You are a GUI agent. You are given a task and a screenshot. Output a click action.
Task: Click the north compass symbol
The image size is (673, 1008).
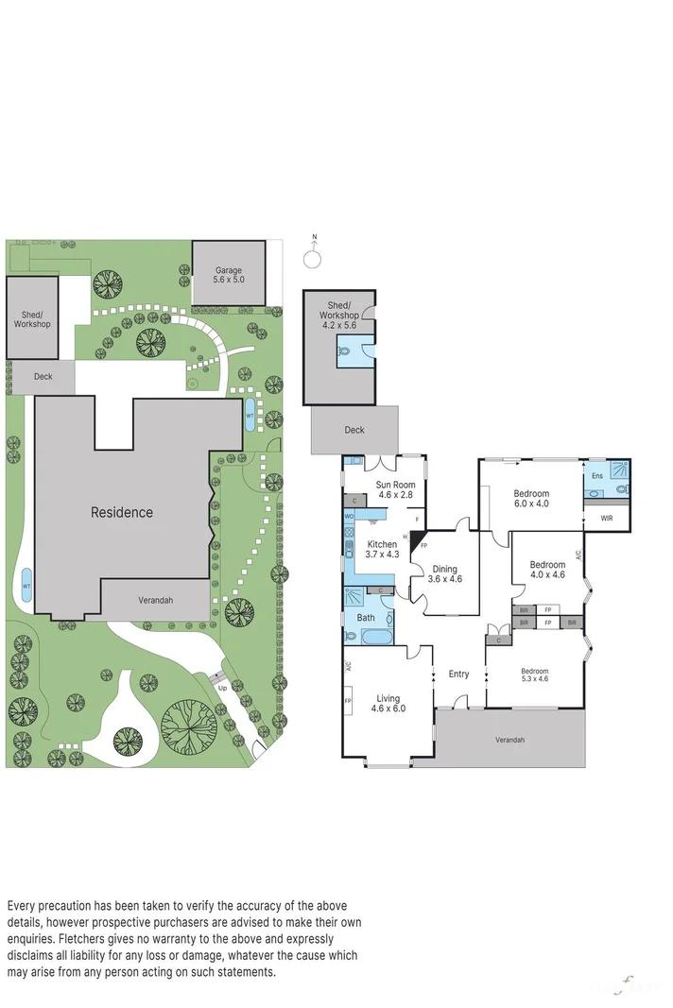coord(315,258)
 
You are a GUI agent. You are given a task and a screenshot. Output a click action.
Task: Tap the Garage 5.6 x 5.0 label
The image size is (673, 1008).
coord(229,275)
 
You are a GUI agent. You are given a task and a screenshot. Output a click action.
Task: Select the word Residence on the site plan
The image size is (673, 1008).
coord(121,513)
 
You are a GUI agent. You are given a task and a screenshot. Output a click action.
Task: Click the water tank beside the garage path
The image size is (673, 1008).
coord(250,413)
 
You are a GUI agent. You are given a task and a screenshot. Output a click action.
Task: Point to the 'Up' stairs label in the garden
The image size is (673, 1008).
coord(223,688)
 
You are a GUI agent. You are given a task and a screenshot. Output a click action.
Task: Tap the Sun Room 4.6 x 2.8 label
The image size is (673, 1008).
coord(396,489)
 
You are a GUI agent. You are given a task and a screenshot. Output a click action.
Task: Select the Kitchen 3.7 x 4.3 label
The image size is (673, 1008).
coord(382,550)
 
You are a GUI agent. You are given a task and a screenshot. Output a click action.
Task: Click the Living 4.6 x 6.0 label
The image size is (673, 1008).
coord(388,702)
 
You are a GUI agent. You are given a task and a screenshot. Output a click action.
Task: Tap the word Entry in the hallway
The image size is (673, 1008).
coord(458,674)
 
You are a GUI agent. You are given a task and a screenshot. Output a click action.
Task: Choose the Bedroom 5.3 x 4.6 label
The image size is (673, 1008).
coord(534,675)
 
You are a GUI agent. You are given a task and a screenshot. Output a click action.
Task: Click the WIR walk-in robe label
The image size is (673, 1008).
coord(606,518)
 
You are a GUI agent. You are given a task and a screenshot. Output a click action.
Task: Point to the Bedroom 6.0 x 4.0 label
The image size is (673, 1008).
coord(530,498)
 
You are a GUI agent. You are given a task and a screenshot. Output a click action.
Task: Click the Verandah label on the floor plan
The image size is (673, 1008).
coord(509,740)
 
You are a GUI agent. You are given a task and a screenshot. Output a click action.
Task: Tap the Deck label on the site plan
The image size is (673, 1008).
coord(43,377)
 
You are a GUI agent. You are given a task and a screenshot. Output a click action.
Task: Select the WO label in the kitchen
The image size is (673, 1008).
coord(349,517)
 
